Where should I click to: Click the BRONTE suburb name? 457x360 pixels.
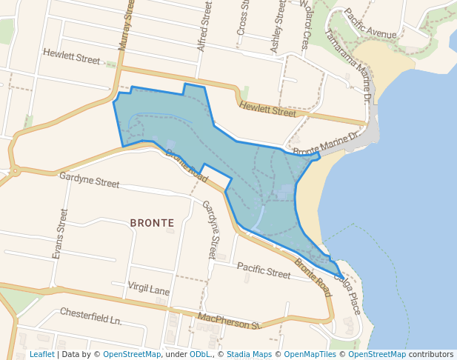(x=152, y=222)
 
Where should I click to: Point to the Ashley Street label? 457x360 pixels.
(x=278, y=25)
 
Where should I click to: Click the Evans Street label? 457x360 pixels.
(x=60, y=233)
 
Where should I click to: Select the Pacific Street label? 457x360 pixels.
(x=263, y=271)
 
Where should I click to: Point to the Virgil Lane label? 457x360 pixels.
(x=149, y=288)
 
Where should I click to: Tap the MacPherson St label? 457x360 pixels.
(x=229, y=321)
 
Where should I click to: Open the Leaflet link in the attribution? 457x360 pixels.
(x=41, y=355)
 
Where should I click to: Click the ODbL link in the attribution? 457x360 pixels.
(x=200, y=355)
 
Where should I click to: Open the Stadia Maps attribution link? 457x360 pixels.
(x=249, y=355)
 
